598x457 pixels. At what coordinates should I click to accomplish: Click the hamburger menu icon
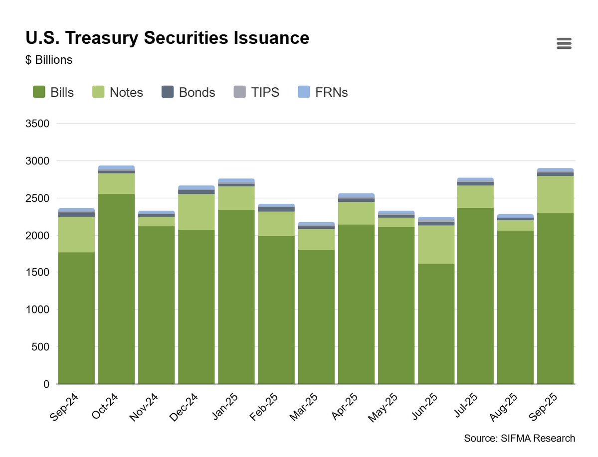click(x=564, y=43)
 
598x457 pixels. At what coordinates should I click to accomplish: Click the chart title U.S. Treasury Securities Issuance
click(x=167, y=38)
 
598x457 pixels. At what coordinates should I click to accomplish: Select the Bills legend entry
click(x=53, y=92)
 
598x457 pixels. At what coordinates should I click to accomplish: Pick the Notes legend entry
click(x=118, y=92)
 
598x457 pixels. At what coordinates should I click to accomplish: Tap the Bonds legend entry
click(x=189, y=92)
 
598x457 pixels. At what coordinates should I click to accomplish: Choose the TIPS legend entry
click(x=256, y=92)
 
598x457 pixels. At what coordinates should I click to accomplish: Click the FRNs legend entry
click(x=322, y=92)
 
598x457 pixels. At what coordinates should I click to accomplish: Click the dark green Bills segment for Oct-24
click(x=116, y=289)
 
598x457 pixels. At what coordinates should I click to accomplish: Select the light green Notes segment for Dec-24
click(x=197, y=212)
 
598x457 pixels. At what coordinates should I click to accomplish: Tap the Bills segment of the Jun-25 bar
click(x=436, y=324)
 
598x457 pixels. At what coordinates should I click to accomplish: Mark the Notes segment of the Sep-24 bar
click(x=76, y=234)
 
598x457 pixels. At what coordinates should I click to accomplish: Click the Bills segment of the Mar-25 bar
click(x=316, y=316)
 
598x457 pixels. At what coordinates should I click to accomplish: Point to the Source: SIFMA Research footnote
click(x=519, y=439)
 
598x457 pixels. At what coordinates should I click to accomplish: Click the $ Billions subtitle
click(x=48, y=60)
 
